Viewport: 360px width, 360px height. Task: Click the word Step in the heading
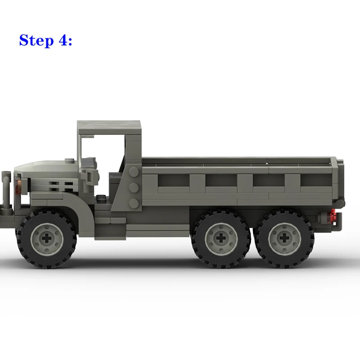pos(36,40)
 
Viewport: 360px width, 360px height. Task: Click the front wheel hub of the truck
pos(47,239)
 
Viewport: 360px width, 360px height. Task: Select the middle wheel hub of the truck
pos(221,238)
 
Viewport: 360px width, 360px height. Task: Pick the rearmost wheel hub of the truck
pos(284,238)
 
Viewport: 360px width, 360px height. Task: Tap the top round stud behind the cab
pos(134,172)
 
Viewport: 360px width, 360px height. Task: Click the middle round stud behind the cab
pos(134,188)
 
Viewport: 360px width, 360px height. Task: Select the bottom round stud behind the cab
pos(134,204)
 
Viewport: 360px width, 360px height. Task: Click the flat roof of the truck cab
pos(109,127)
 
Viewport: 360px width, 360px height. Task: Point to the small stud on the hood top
pos(69,160)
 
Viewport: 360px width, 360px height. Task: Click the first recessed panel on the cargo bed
pos(174,180)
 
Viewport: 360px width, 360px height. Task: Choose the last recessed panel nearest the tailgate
pos(316,180)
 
